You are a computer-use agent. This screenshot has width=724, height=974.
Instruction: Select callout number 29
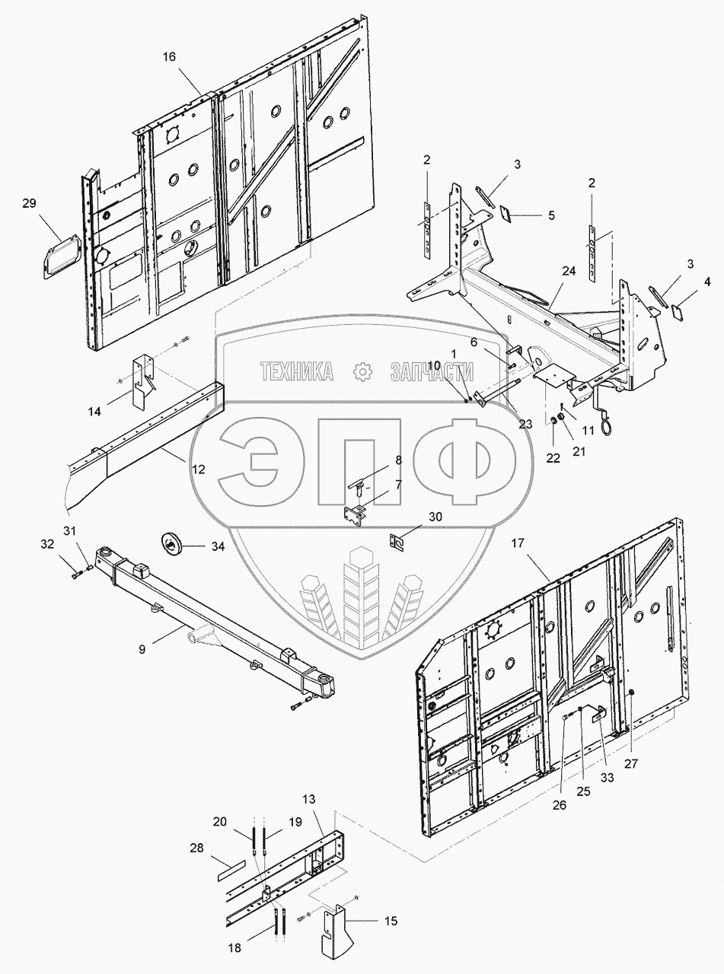point(29,203)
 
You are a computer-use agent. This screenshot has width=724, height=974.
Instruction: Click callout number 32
point(47,546)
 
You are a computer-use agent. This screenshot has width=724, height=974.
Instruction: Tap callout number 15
point(391,922)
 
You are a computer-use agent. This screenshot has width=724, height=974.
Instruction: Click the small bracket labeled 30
point(395,542)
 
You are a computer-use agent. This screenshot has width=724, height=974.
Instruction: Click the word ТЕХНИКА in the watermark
point(297,371)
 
